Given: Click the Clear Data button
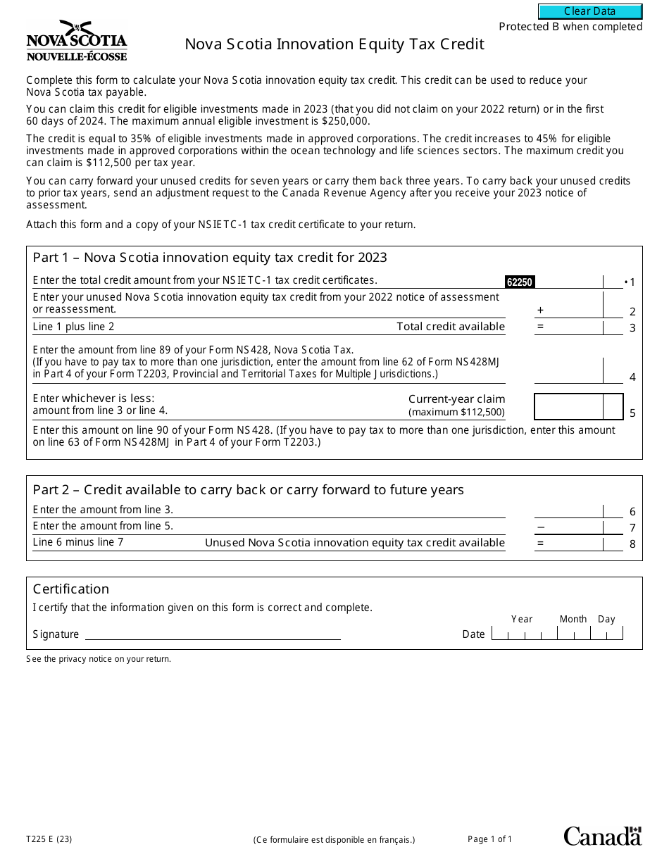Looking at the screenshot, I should click(x=590, y=11).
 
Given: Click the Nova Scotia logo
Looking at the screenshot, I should click(x=77, y=41).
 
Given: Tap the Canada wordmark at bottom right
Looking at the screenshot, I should click(x=602, y=836).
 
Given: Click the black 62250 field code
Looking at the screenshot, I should click(x=520, y=282).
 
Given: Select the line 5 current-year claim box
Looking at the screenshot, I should click(x=569, y=407).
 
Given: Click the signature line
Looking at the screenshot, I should click(x=213, y=634).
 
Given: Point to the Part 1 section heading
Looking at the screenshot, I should click(x=210, y=258).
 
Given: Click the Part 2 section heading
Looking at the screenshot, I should click(x=248, y=490).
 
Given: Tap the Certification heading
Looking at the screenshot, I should click(x=71, y=589).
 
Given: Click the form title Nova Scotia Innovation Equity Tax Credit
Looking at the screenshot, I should click(x=334, y=44).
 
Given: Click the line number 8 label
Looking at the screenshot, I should click(x=632, y=544).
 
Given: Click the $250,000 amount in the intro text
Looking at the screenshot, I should click(x=345, y=121).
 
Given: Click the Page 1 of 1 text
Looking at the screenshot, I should click(x=490, y=839).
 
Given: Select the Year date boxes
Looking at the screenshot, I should click(x=524, y=634).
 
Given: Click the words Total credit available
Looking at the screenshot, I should click(x=451, y=327).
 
